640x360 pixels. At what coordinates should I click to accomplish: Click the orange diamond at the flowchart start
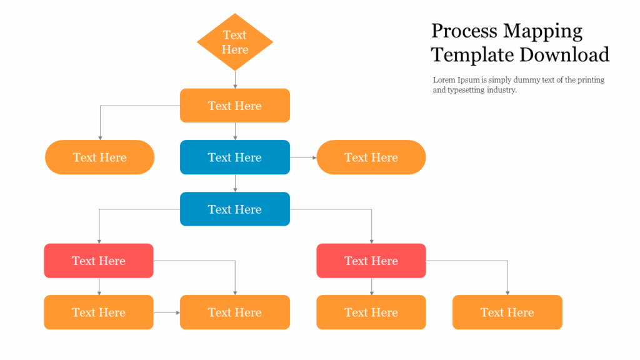pos(235,42)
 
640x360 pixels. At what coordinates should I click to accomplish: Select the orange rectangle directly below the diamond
pos(235,106)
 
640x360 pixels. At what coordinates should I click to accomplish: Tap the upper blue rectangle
pos(235,157)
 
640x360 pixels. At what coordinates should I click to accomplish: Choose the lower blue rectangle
pos(235,209)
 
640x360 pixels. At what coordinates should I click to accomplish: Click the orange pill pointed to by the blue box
pos(371,157)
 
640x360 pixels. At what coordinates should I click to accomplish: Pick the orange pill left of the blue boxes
pos(99,157)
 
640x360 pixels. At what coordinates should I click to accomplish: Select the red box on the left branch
pos(99,261)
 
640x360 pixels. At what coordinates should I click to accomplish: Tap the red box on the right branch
pos(371,261)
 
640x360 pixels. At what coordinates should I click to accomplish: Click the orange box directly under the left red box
pos(99,312)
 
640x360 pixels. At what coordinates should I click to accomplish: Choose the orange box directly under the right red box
pos(371,312)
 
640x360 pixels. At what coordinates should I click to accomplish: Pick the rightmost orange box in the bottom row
pos(507,312)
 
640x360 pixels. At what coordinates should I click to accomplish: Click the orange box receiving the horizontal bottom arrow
pos(235,312)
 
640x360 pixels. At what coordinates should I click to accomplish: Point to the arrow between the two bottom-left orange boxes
pos(167,312)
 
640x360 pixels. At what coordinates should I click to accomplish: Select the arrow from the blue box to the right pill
pos(304,157)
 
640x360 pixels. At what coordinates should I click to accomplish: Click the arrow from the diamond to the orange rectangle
pos(235,79)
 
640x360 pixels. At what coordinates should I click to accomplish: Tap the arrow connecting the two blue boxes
pos(235,183)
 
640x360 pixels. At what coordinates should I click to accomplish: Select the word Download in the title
pos(565,55)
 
